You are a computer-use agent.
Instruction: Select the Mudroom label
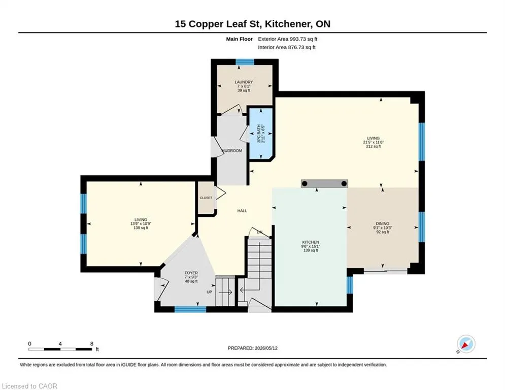coord(232,150)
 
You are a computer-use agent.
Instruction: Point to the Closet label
coord(206,198)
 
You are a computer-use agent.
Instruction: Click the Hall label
coord(242,211)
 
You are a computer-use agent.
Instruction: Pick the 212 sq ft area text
coord(373,146)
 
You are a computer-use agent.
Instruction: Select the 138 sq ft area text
coord(141,228)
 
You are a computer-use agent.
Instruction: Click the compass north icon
coord(466,344)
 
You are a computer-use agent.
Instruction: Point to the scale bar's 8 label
coord(92,344)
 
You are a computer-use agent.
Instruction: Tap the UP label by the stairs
coord(209,292)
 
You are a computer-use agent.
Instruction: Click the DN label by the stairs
coord(259,232)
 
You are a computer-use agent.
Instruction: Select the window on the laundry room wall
coord(245,62)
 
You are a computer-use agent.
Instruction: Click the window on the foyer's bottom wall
coord(190,309)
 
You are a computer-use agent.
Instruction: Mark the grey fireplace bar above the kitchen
coord(324,184)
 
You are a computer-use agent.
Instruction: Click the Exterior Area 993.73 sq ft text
coord(288,39)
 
